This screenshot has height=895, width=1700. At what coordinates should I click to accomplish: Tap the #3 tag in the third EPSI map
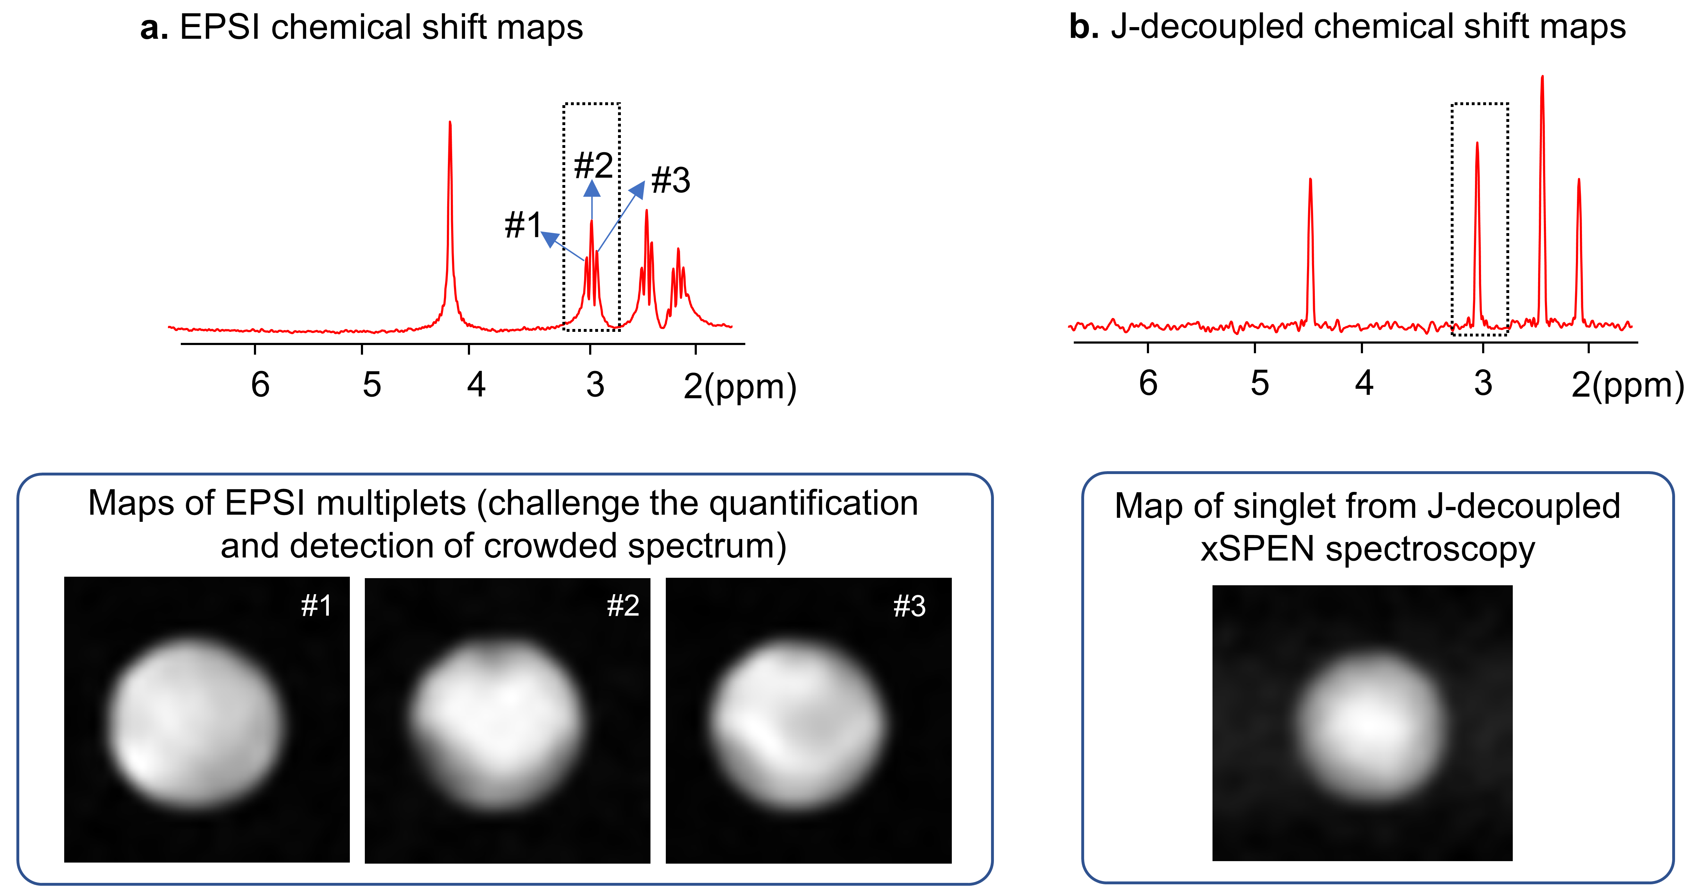click(909, 606)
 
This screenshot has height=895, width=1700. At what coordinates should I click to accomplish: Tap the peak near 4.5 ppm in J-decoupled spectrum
click(1310, 181)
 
